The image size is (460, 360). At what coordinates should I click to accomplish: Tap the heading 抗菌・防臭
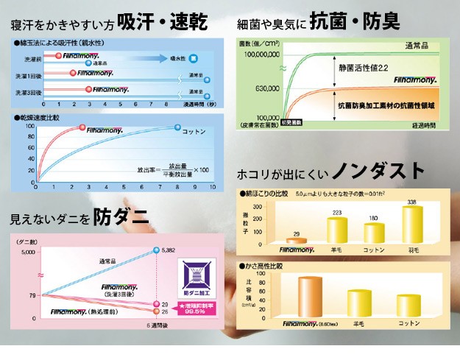[x=355, y=21]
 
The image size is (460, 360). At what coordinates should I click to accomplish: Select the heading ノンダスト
[x=378, y=172]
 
